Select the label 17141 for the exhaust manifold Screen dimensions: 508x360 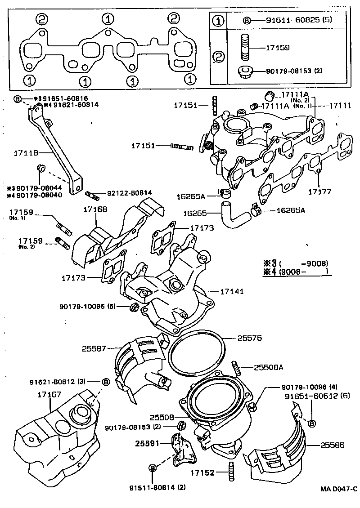(232, 292)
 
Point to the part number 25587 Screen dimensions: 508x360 (94, 348)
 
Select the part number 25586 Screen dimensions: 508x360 (333, 446)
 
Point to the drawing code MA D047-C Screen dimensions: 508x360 (339, 489)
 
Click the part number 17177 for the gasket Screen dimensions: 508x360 (319, 191)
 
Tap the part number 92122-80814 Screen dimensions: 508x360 (130, 193)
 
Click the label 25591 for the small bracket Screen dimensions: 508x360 (147, 443)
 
